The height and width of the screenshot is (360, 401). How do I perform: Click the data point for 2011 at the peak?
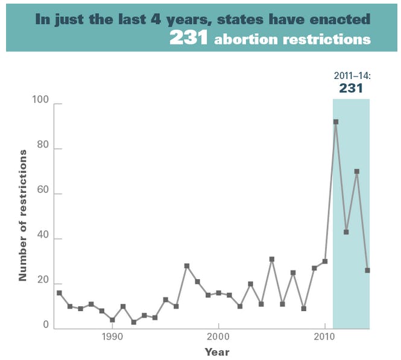[x=336, y=122]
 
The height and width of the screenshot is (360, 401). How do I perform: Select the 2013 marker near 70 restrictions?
[x=357, y=171]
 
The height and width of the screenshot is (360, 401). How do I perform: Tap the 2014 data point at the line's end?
[x=368, y=270]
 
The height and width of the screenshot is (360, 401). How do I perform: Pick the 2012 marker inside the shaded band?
[x=346, y=232]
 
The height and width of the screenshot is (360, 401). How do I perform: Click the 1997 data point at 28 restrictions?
[x=187, y=266]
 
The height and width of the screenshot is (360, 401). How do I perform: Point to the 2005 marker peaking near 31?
[x=272, y=259]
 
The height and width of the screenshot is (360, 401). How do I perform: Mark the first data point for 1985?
[x=59, y=293]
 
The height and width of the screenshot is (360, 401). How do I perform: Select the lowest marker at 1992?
[x=133, y=322]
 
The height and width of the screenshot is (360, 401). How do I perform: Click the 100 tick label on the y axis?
[x=40, y=104]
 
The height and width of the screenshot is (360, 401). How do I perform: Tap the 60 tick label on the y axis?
[x=42, y=194]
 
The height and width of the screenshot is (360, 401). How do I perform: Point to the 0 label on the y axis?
[x=45, y=326]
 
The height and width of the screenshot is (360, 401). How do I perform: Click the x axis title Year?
[x=216, y=352]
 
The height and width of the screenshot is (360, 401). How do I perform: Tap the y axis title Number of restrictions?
[x=23, y=215]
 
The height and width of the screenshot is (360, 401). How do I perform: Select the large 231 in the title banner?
[x=189, y=38]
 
